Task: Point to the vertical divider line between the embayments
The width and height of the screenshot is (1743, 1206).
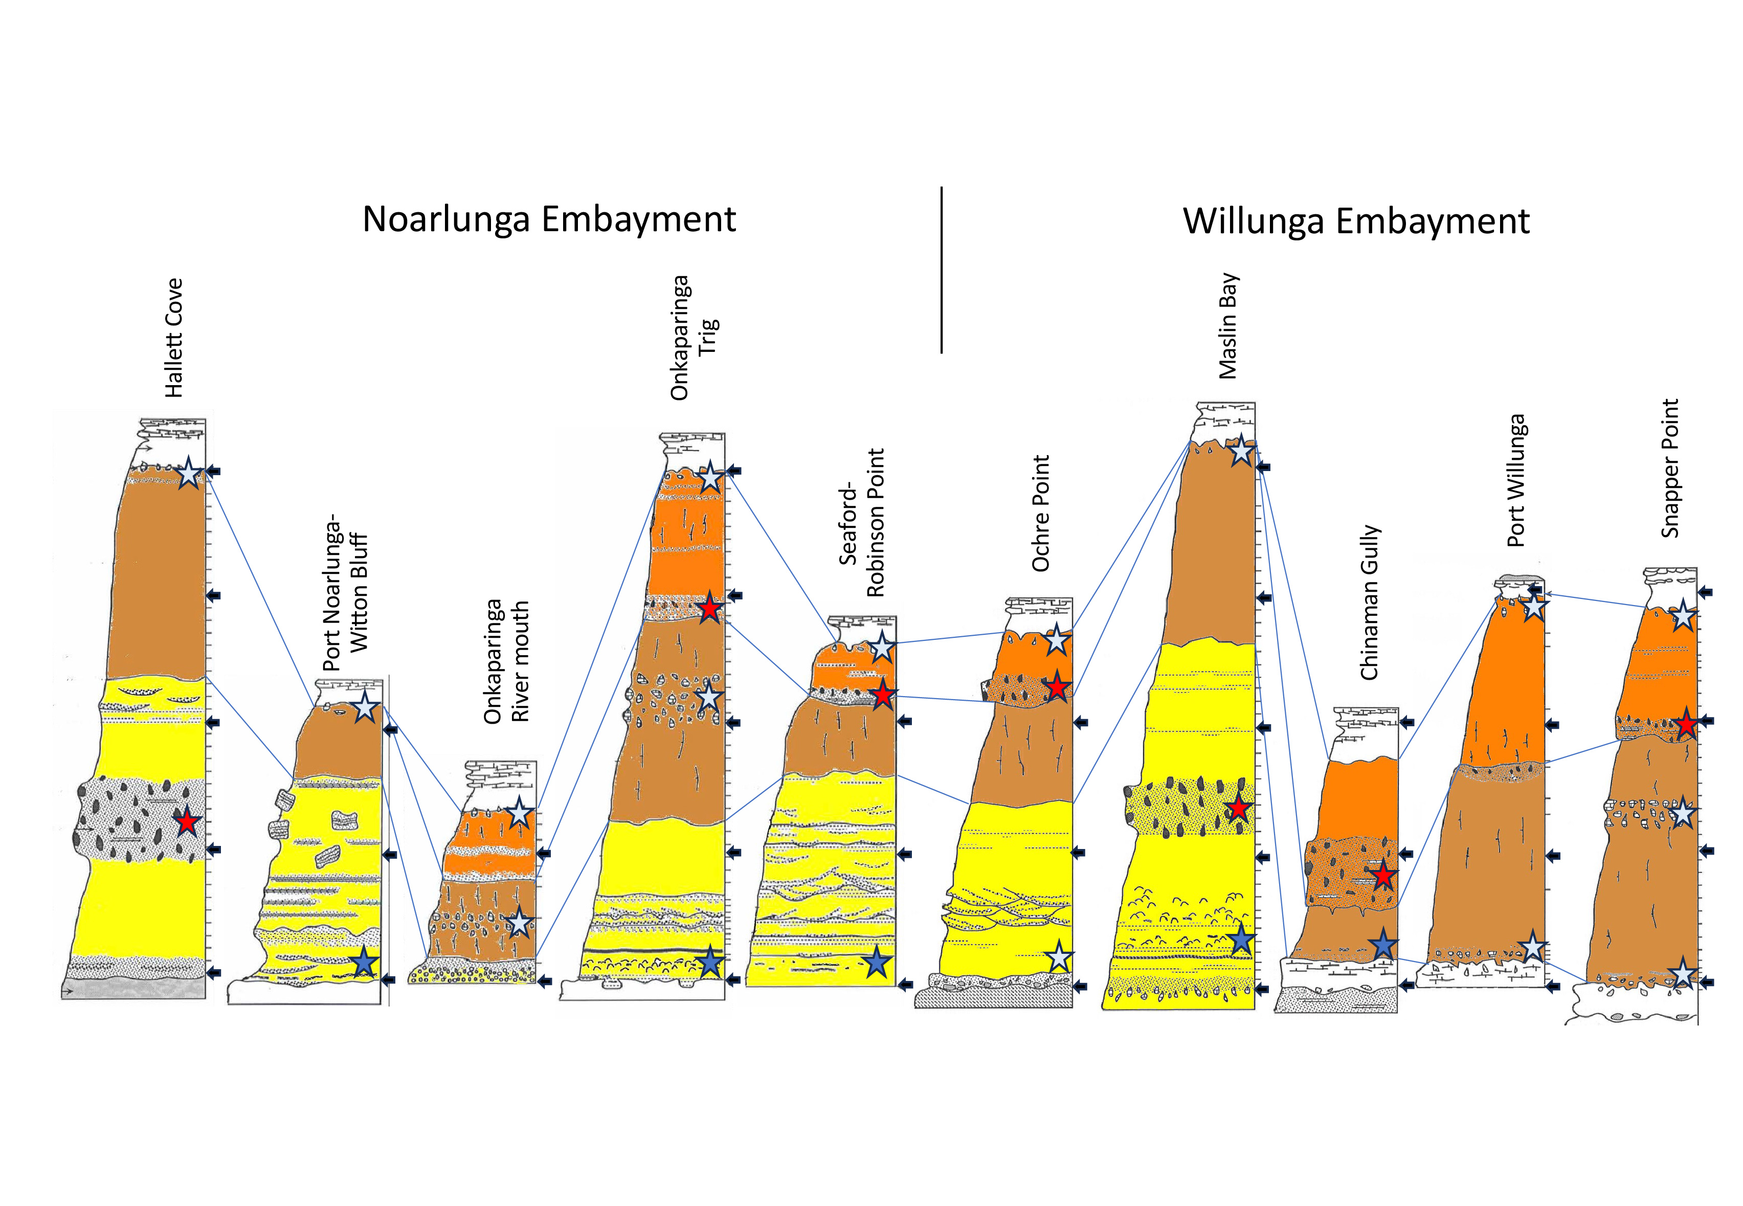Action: coord(942,270)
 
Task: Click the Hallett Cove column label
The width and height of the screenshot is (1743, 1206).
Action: coord(174,338)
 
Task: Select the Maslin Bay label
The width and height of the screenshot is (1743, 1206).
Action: coord(1228,326)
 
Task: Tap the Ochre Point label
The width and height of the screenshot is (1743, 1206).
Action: coord(1041,513)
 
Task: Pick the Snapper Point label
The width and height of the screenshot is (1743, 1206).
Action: coord(1670,468)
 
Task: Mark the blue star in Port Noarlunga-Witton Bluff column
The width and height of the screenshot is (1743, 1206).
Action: coord(364,963)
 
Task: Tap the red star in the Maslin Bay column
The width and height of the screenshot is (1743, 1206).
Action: coord(1238,809)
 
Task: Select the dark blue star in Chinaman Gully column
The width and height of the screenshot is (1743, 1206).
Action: coord(1382,945)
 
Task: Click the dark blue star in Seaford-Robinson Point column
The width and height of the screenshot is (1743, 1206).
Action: coord(877,963)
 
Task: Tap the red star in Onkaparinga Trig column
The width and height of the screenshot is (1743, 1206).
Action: coord(709,608)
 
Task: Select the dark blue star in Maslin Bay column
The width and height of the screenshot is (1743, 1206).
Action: coord(1241,940)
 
